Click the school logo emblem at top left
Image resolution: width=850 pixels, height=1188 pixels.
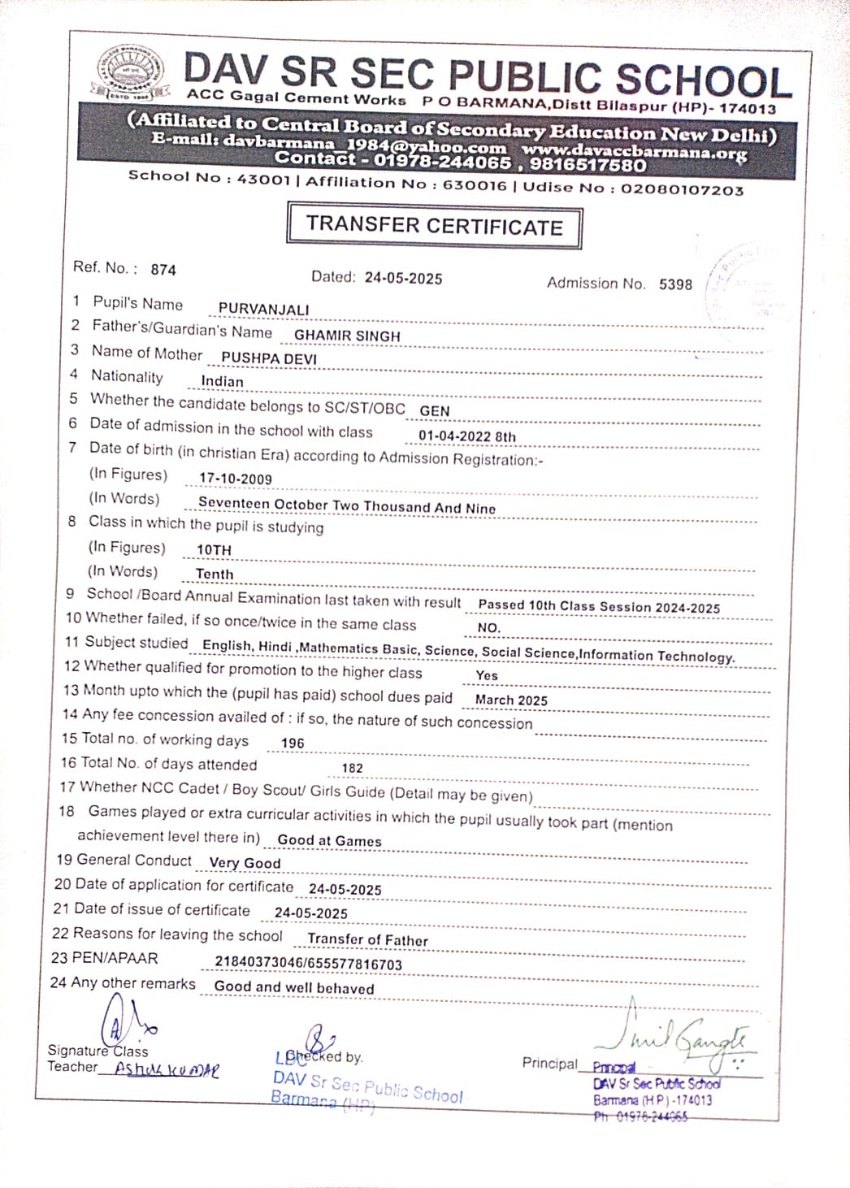pos(130,73)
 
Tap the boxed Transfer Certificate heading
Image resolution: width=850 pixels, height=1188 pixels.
pos(434,225)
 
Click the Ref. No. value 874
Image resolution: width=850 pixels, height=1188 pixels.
pos(163,270)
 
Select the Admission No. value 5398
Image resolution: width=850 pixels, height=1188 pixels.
pos(675,284)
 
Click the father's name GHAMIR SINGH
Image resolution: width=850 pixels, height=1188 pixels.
pos(347,336)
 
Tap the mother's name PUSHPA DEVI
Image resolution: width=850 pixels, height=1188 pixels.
pos(269,358)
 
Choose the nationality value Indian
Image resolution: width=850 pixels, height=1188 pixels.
pos(222,382)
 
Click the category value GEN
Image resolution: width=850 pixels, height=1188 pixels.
pos(435,411)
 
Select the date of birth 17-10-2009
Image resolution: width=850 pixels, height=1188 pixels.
pos(236,479)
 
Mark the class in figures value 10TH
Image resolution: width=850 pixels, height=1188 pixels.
pos(214,550)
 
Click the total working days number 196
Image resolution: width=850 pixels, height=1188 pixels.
pos(292,744)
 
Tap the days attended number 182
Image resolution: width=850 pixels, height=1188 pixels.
pos(352,768)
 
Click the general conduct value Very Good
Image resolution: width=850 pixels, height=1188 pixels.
pos(245,863)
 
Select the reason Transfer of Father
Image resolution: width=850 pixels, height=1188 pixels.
pos(367,940)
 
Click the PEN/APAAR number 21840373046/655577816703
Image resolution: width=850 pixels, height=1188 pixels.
pos(308,964)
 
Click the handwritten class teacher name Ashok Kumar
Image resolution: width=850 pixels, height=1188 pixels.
pos(167,1069)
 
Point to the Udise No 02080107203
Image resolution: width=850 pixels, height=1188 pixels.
pos(682,189)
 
